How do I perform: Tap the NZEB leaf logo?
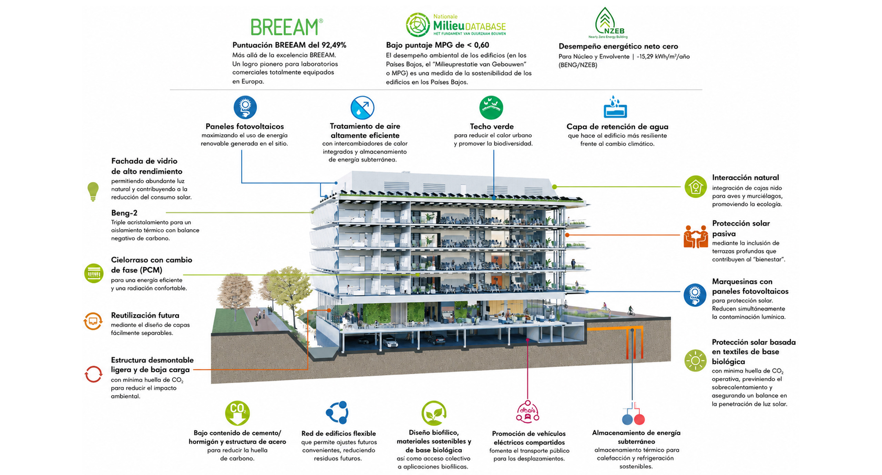(608, 22)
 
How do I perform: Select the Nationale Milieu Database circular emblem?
(418, 25)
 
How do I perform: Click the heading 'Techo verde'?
(492, 127)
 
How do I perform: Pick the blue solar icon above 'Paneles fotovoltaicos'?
(245, 107)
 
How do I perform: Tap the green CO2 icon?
(237, 413)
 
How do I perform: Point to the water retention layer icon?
(615, 107)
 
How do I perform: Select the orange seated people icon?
(696, 236)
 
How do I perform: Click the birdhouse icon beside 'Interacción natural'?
(696, 186)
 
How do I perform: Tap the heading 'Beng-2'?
(124, 213)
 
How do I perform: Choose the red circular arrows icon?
(93, 374)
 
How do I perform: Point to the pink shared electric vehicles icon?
(527, 412)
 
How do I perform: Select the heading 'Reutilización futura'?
(145, 315)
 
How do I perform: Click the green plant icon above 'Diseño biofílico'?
(434, 413)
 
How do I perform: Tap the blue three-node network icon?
(337, 412)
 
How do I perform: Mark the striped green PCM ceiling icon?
(94, 273)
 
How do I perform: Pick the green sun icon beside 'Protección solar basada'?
(695, 361)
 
